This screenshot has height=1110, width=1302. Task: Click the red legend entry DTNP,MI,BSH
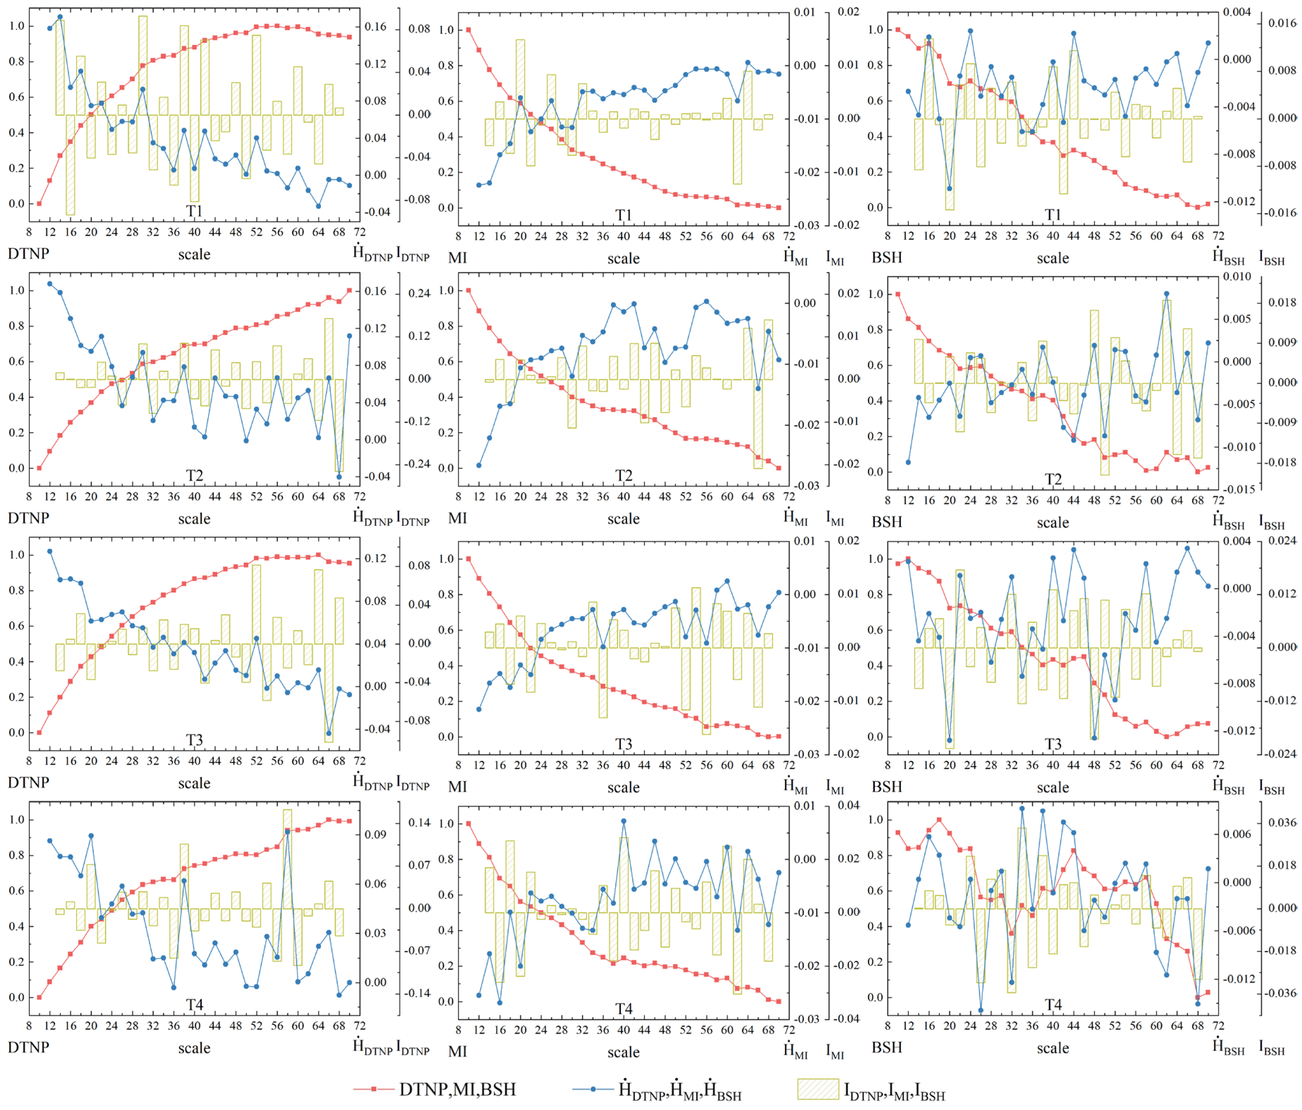click(x=458, y=1089)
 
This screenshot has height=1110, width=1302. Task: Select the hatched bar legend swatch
click(x=818, y=1089)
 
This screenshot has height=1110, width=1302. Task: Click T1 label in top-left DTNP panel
click(x=194, y=211)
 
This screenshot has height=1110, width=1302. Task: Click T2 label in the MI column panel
click(x=623, y=476)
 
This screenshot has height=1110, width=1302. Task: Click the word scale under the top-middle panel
click(x=623, y=258)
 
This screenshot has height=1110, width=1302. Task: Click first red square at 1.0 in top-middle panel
click(x=468, y=30)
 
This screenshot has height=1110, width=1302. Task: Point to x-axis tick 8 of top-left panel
click(x=29, y=232)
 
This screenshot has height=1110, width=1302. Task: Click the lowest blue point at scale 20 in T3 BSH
click(x=950, y=741)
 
